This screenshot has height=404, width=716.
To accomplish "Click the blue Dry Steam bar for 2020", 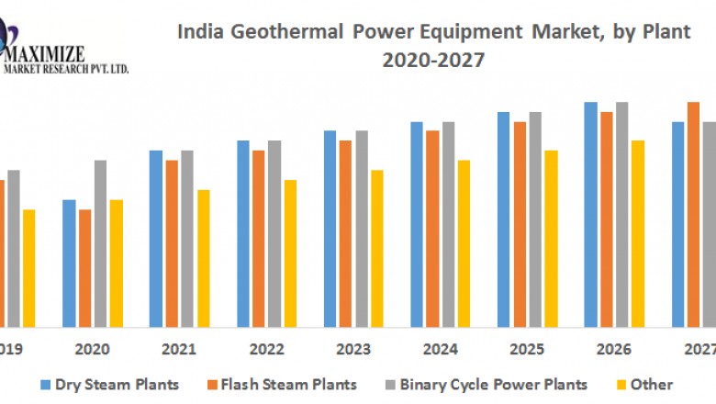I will (x=69, y=263).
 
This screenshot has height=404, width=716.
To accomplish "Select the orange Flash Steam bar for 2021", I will (x=172, y=243).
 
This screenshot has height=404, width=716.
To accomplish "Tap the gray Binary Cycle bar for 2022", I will (x=274, y=233).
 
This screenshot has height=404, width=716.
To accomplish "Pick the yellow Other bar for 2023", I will (x=377, y=248).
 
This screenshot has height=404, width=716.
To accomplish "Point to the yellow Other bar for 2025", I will (x=551, y=239).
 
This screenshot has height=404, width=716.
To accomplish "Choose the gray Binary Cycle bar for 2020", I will (x=100, y=243).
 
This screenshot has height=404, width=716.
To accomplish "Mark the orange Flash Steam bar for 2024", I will (x=432, y=229).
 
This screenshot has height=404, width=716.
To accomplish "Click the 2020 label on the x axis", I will (x=93, y=349).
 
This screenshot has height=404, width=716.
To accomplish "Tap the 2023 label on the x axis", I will (x=353, y=349).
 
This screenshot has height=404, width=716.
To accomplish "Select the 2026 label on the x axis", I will (x=614, y=349).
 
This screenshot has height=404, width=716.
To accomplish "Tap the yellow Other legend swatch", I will (x=619, y=384).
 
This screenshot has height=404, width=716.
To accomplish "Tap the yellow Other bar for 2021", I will (x=204, y=258).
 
